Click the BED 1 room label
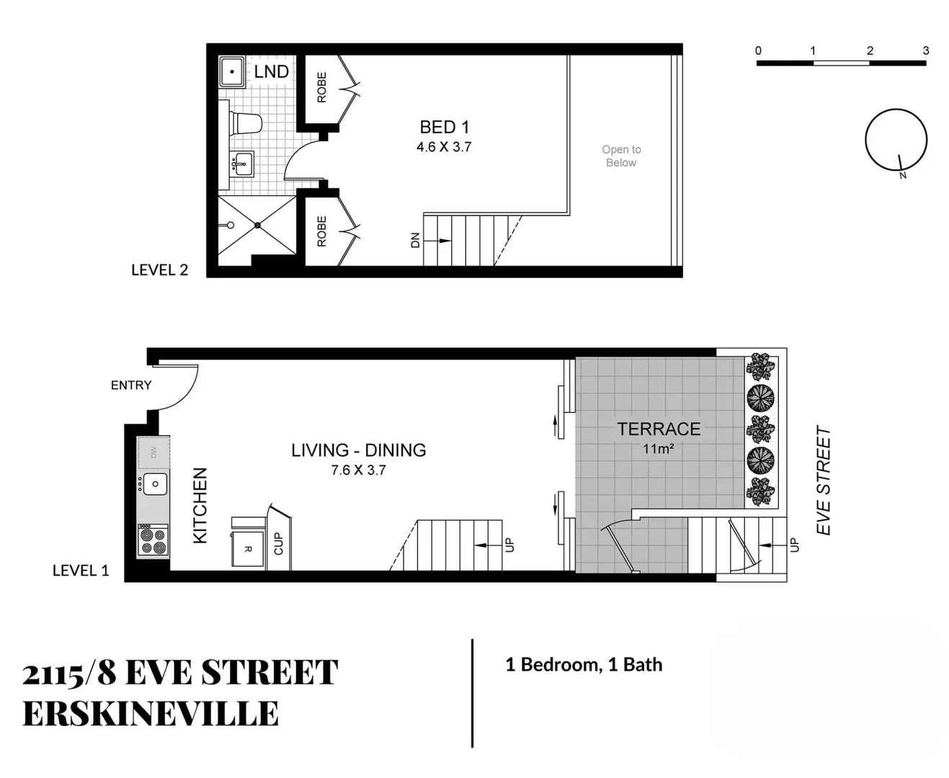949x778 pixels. (444, 128)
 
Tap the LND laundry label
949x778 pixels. (271, 71)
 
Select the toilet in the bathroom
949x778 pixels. (245, 123)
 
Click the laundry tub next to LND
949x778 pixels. (232, 72)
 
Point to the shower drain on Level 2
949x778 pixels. (257, 225)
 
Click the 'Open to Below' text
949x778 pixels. (621, 156)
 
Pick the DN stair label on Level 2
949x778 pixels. (415, 240)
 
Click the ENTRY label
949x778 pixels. (131, 385)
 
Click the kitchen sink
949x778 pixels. (155, 484)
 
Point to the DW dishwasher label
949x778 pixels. (153, 452)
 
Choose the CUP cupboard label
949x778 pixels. (278, 544)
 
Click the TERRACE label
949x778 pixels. (659, 429)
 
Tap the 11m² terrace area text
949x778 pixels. (659, 449)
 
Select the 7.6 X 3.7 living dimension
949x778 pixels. (358, 470)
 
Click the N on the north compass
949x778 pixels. (902, 175)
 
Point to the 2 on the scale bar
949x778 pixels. (870, 50)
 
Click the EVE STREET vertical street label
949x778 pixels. (824, 480)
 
